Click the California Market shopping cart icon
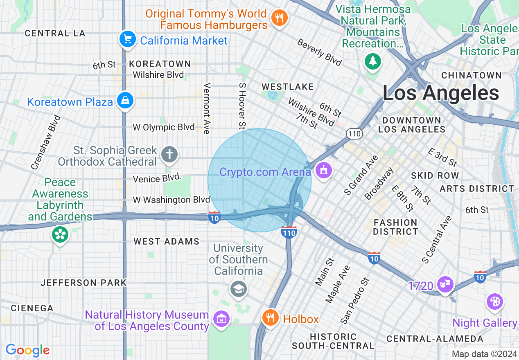127,40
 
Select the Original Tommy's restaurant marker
280,18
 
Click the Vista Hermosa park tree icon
372,61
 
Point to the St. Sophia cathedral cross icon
169,155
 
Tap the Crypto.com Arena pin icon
324,170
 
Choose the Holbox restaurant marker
270,317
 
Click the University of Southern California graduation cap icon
238,289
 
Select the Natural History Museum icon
221,318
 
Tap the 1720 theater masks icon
445,283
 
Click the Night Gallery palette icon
494,302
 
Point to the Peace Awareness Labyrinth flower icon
60,234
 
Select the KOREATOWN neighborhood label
160,64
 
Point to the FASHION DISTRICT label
395,227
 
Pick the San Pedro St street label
354,300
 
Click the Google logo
27,350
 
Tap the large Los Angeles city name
440,93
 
